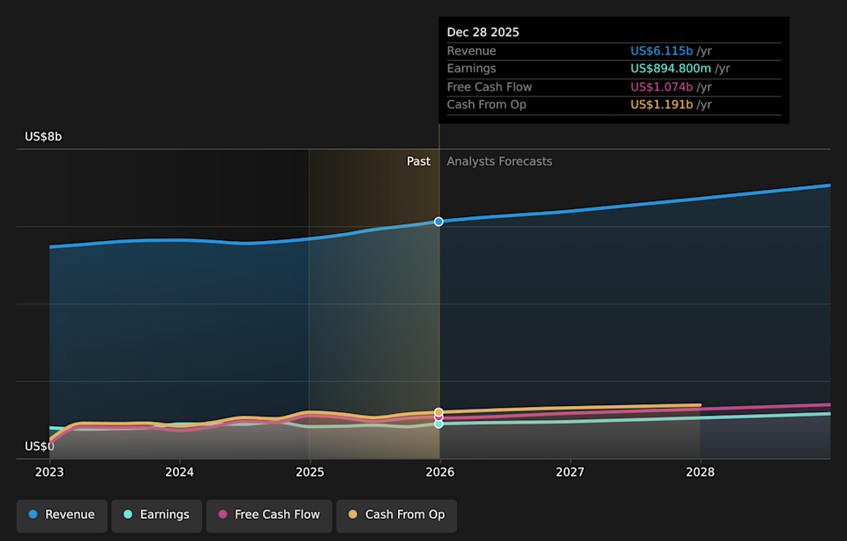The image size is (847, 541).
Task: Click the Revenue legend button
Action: [x=62, y=515]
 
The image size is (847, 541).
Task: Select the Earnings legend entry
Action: [x=156, y=515]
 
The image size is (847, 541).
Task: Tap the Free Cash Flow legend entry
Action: [x=269, y=515]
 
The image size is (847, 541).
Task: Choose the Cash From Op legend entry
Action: [x=396, y=515]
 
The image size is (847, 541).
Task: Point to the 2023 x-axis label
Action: [x=49, y=472]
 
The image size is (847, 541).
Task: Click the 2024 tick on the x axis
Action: [x=180, y=472]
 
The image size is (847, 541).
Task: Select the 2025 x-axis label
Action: [x=310, y=472]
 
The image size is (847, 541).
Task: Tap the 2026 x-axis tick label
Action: [x=439, y=472]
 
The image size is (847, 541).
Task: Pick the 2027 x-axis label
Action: [x=570, y=472]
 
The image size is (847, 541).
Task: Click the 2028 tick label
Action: [x=700, y=472]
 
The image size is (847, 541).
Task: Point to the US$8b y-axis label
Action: [x=43, y=137]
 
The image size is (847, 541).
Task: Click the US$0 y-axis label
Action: [x=40, y=447]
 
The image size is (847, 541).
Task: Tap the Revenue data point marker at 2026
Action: [x=438, y=222]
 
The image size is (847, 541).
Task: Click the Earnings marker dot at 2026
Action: [x=438, y=424]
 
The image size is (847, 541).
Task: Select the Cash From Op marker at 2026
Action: [x=438, y=412]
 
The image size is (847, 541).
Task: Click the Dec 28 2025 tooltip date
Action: [x=483, y=32]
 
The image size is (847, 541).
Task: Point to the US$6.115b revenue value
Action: [x=662, y=51]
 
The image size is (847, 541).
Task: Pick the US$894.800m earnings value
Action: [x=671, y=69]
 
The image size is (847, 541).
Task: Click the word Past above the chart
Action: [x=418, y=162]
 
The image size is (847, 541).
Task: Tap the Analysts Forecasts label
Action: [x=499, y=162]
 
